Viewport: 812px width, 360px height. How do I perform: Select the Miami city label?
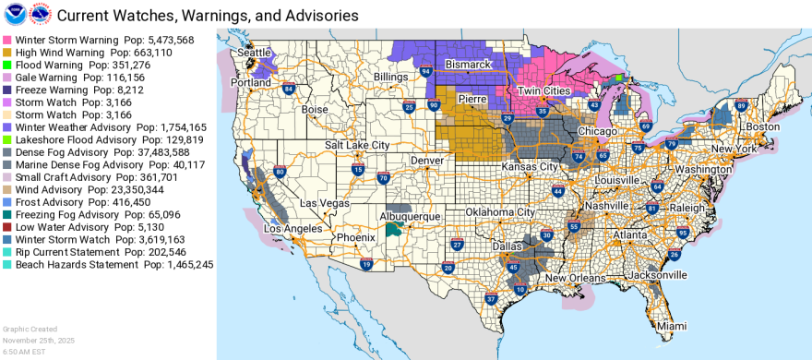click(x=672, y=326)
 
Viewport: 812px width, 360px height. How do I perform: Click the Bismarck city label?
click(x=471, y=65)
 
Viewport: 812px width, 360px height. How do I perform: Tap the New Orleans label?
click(x=576, y=278)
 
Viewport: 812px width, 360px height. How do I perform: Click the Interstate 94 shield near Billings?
click(x=425, y=71)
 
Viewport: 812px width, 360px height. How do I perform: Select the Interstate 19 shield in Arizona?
click(x=366, y=265)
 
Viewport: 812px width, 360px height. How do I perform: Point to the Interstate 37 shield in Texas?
click(x=491, y=299)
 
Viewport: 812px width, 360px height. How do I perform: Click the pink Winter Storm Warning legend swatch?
click(x=7, y=41)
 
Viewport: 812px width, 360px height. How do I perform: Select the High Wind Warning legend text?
click(x=54, y=53)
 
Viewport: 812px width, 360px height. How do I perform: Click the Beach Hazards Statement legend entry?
click(x=78, y=264)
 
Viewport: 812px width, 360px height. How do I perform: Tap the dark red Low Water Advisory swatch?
click(x=7, y=227)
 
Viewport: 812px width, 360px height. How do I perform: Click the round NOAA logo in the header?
click(x=16, y=15)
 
